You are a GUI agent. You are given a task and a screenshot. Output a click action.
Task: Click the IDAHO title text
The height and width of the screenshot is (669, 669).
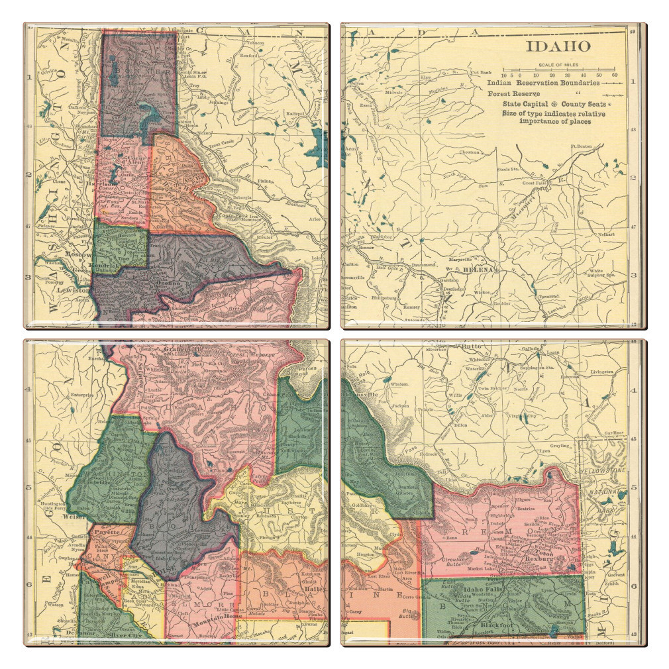pyautogui.click(x=558, y=46)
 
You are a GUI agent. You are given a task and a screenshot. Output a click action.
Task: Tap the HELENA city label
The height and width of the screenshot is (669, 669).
pyautogui.click(x=479, y=270)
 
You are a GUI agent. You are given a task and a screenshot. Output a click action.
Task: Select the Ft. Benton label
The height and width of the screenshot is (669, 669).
pyautogui.click(x=580, y=146)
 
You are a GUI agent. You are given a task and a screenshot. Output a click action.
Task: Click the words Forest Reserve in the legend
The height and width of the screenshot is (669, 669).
pyautogui.click(x=509, y=94)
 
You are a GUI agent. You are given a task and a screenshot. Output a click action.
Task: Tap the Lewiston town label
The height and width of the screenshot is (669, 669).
pyautogui.click(x=72, y=290)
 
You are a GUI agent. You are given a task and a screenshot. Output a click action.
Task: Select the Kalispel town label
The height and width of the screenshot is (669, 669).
pyautogui.click(x=293, y=113)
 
